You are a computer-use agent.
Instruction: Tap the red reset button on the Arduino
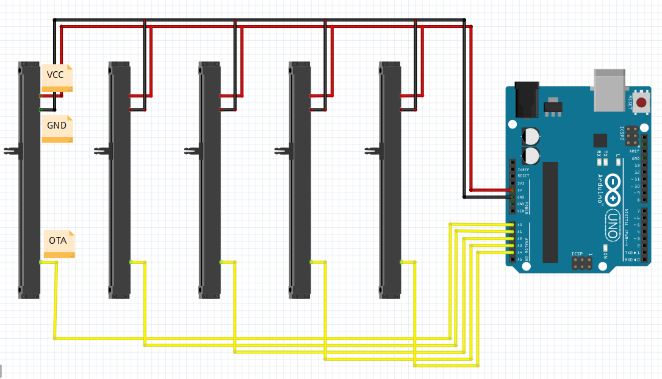point(641,102)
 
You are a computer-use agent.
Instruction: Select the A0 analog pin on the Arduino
point(511,225)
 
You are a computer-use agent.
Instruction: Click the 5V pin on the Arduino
point(511,190)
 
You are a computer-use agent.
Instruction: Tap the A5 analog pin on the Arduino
point(511,259)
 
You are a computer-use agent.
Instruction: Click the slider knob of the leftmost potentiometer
point(10,150)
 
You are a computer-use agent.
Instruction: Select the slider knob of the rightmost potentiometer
point(371,150)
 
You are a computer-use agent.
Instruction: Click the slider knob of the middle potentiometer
point(191,150)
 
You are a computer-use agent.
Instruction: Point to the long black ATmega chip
point(550,212)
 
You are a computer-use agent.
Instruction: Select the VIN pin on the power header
point(511,211)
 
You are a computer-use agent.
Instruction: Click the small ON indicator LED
point(605,248)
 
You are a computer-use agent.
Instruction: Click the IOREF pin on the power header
point(511,169)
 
